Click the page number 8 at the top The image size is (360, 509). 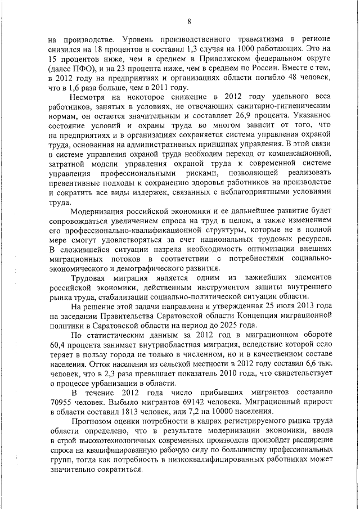tap(189, 21)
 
